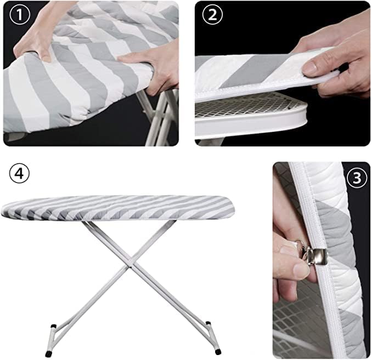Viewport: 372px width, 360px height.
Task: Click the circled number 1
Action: coord(20,14)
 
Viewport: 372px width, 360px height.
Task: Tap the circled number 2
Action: coord(212,14)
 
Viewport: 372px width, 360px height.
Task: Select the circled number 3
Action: coord(357,178)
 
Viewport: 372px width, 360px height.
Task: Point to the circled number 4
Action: coord(19,174)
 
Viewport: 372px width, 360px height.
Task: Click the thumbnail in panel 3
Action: coord(301,269)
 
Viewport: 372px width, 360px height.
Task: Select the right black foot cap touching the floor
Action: coord(218,352)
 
